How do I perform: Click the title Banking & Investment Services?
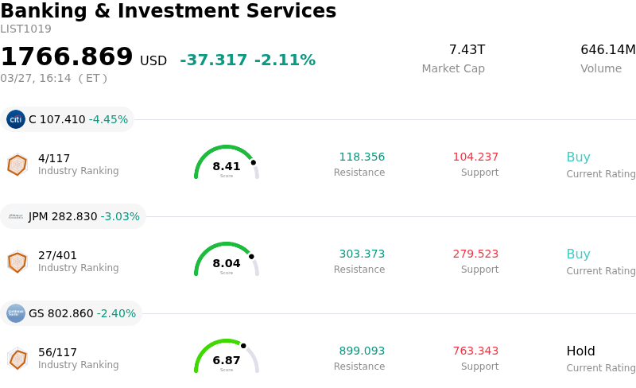click(168, 11)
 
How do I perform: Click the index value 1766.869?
click(67, 57)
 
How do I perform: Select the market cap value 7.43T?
click(467, 50)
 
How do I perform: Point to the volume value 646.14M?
click(607, 50)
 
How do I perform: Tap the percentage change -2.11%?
click(285, 60)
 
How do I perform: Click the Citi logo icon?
click(16, 119)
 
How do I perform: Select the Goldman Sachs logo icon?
click(16, 313)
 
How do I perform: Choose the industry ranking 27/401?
click(57, 255)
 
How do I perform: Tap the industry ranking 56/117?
click(57, 352)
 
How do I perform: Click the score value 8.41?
click(227, 166)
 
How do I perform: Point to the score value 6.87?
click(227, 360)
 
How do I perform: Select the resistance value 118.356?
click(362, 157)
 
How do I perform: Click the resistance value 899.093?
click(362, 351)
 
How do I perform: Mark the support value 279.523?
click(475, 254)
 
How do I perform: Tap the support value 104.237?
click(475, 157)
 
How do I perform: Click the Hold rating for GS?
click(580, 351)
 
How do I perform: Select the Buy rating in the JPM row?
click(578, 254)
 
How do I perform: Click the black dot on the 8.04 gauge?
click(251, 256)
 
